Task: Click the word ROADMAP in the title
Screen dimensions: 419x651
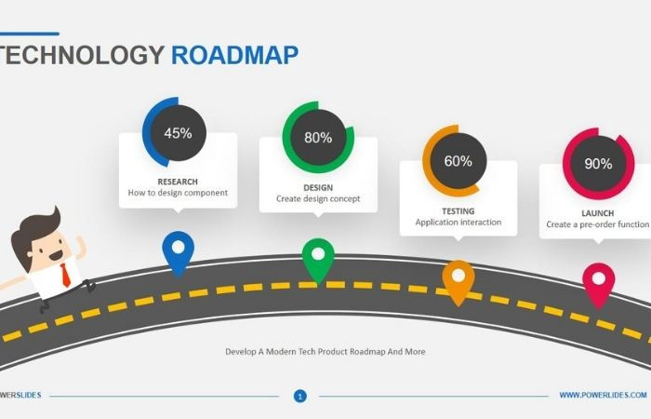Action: pos(234,55)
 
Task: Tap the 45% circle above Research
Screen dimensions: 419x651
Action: pos(178,133)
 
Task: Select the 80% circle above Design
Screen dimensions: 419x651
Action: pos(318,138)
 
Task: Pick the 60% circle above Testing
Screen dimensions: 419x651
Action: pos(458,161)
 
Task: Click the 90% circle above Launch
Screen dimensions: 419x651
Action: pos(598,164)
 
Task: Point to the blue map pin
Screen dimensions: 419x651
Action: pos(178,250)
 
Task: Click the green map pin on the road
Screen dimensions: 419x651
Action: pos(318,257)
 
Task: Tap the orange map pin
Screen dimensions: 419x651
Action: pos(458,278)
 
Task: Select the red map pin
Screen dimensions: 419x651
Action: pos(598,280)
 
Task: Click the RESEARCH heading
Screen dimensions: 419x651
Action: pos(178,182)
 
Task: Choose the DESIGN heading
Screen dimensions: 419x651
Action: pos(318,187)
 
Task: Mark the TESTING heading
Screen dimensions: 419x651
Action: pos(458,211)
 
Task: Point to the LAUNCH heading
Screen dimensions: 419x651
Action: pos(598,213)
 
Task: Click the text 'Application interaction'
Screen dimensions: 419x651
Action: pos(458,223)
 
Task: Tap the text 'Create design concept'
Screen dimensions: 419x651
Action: pos(318,198)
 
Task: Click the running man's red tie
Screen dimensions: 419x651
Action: pos(65,274)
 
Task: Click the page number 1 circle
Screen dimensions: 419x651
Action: pos(299,396)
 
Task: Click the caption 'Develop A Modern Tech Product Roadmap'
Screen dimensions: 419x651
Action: pos(325,352)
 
